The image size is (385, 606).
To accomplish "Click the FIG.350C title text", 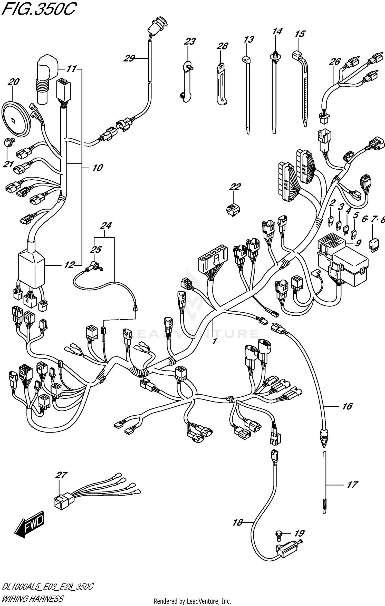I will point(38,10).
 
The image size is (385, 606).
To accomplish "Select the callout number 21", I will point(8,164).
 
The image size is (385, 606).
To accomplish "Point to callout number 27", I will point(61,475).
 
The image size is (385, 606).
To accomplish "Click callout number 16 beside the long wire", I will point(347,406).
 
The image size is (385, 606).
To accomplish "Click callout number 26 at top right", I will point(335,62).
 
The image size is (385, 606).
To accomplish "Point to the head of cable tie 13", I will point(247,60).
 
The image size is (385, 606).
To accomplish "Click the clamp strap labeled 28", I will point(221,85).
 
